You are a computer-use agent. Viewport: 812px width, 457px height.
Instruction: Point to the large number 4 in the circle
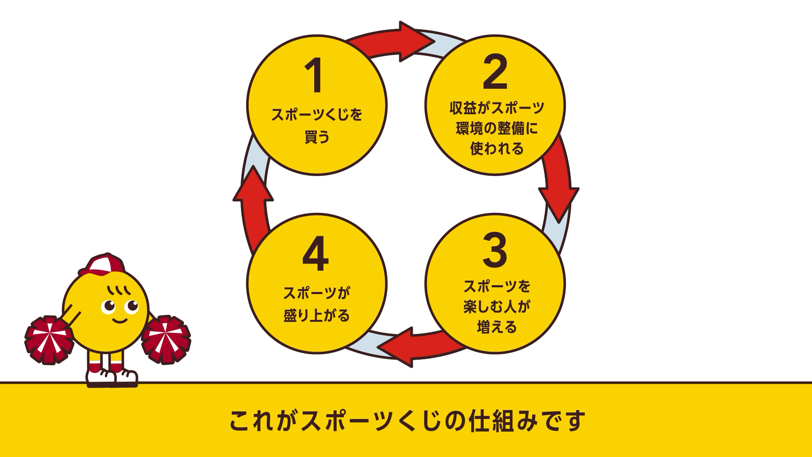[315, 253]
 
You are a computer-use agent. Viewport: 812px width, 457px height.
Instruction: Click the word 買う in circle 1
[317, 137]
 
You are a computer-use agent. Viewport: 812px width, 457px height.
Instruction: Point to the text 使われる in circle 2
[497, 149]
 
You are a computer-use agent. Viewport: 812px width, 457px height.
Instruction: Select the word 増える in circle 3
[497, 327]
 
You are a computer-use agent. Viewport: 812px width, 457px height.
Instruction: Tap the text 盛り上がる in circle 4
[317, 316]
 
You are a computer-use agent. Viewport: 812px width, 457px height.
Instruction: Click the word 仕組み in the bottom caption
[503, 421]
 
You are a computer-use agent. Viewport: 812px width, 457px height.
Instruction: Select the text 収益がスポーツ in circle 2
[497, 108]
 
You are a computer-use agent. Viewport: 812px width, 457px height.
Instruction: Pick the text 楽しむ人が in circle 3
[497, 306]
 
